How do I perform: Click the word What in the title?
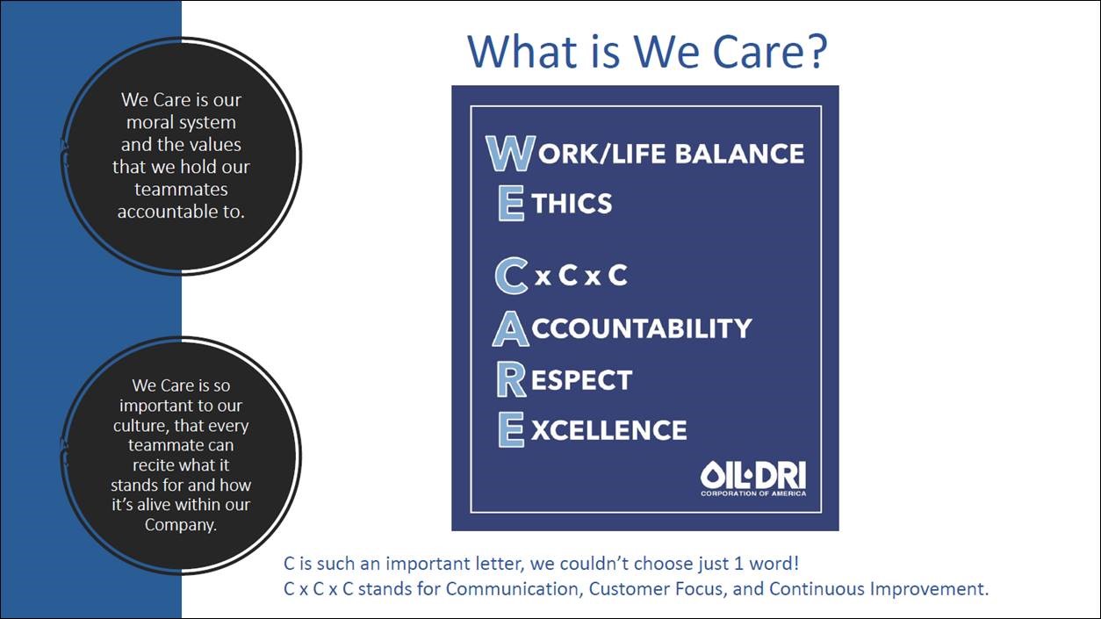pos(523,51)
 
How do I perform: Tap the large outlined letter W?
pos(511,154)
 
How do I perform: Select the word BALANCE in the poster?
pos(740,154)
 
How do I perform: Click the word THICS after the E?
pos(572,203)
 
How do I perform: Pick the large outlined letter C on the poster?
pos(511,276)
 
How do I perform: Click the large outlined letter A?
pos(511,328)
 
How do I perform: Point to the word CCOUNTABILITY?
pos(642,328)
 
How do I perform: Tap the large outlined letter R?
pos(511,379)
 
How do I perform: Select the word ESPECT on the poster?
pos(581,380)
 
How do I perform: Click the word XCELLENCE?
pos(609,431)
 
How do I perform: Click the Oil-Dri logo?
pos(753,479)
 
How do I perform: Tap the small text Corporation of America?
pos(753,493)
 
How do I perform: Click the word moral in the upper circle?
pos(147,122)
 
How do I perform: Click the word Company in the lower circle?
pos(179,525)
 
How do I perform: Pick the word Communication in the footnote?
pos(512,588)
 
